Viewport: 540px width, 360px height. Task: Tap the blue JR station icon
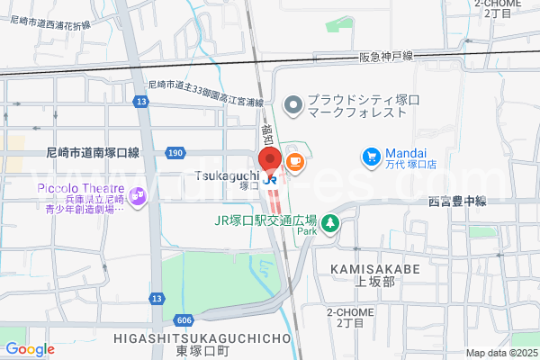(x=271, y=180)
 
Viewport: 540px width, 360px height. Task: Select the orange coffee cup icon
(x=294, y=161)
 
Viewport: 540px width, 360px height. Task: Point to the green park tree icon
(x=329, y=222)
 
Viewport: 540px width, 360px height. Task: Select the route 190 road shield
(x=175, y=154)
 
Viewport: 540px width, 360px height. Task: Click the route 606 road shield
(x=184, y=320)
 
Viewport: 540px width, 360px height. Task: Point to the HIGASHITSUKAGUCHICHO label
(x=203, y=337)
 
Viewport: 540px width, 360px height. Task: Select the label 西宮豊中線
(x=456, y=202)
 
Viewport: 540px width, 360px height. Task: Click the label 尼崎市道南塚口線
(x=94, y=153)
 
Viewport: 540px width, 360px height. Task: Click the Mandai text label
(x=407, y=153)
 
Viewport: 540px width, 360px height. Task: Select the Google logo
(x=30, y=349)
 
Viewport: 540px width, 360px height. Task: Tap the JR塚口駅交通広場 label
(x=265, y=219)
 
